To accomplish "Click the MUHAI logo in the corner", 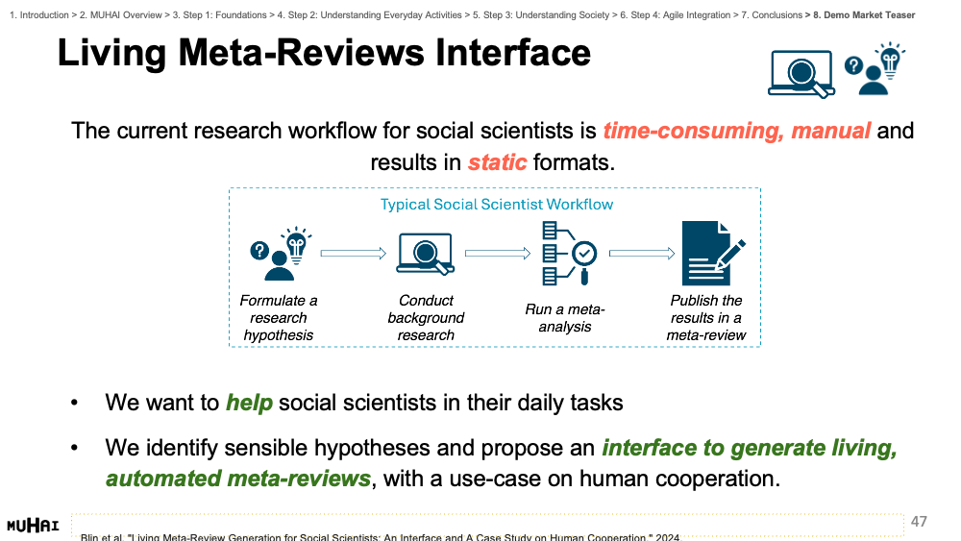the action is click(33, 526).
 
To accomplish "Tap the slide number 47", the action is click(919, 522).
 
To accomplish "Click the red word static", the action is click(497, 162).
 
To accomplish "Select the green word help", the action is click(249, 404).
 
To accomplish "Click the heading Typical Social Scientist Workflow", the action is click(497, 204).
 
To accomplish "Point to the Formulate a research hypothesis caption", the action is click(279, 318).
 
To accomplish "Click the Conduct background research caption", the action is click(426, 318).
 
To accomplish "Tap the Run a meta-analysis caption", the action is click(564, 318).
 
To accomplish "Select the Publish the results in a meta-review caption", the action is click(706, 318).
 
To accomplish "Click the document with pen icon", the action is click(713, 253).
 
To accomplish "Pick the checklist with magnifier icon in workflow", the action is click(569, 253).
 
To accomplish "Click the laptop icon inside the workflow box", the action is click(426, 253).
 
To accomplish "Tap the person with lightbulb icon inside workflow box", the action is click(281, 254).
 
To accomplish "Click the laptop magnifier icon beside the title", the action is click(801, 74).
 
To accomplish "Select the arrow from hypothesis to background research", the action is click(353, 253).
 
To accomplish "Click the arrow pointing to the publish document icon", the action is click(642, 253).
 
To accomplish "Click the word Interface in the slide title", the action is click(513, 53).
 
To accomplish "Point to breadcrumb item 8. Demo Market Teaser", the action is click(864, 14).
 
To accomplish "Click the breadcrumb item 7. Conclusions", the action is click(772, 14).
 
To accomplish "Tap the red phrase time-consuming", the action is click(693, 131).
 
